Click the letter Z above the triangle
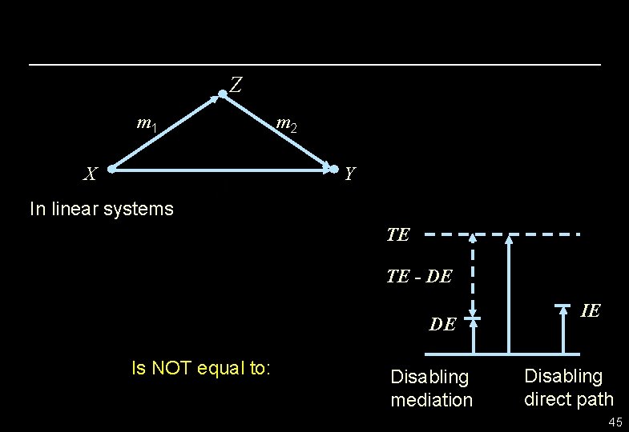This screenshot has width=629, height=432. tap(236, 84)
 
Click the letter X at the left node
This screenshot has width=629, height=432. tap(92, 174)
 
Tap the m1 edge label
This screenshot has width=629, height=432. tap(147, 124)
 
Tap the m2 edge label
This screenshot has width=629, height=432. tap(286, 124)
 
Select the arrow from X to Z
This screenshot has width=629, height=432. tap(167, 132)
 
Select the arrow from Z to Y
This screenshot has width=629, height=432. tap(278, 132)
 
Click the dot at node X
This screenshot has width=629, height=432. tap(112, 170)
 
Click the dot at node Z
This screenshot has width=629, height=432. tap(223, 95)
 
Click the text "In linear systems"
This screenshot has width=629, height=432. tap(101, 210)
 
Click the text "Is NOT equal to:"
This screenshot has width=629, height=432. tap(201, 368)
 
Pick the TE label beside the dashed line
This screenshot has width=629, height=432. tap(398, 234)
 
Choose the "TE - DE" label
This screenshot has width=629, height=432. tap(419, 277)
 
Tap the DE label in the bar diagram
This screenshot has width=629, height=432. tap(442, 324)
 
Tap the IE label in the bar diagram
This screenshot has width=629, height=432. tap(590, 310)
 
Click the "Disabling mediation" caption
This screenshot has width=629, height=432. tap(431, 388)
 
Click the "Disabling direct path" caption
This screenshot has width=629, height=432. tap(568, 387)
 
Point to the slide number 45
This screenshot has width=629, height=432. tap(615, 422)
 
